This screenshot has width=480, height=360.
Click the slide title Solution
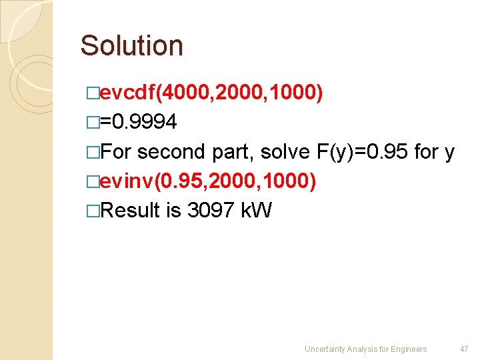point(131,46)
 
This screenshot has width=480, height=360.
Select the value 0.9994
point(144,123)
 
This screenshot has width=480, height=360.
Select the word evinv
point(125,181)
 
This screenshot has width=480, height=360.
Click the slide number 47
point(464,349)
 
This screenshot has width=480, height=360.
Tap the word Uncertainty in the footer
point(325,349)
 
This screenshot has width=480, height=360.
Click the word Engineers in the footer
point(409,349)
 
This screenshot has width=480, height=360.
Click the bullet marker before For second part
point(93,153)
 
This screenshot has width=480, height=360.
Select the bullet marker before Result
point(93,211)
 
